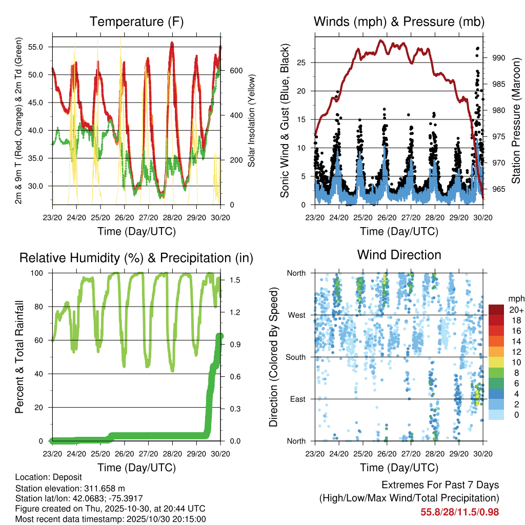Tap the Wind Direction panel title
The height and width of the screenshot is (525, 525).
click(399, 255)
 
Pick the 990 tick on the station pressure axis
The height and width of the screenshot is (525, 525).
click(499, 58)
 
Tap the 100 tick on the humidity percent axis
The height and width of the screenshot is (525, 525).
click(42, 273)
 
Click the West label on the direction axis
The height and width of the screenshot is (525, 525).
click(296, 315)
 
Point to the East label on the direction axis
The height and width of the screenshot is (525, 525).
click(297, 399)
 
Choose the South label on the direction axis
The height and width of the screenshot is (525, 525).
click(295, 357)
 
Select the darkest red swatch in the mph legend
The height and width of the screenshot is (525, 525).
click(496, 310)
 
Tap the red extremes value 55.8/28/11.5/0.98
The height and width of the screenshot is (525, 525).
click(460, 512)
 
